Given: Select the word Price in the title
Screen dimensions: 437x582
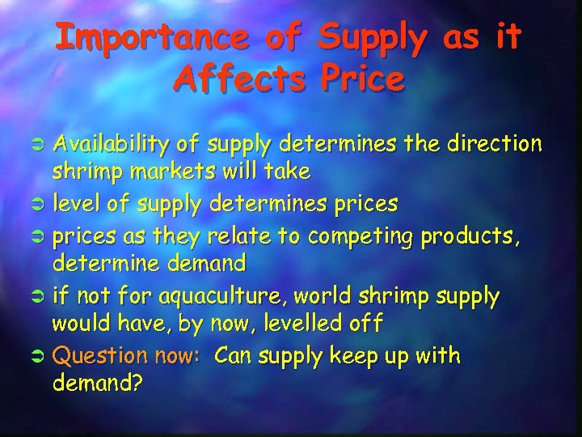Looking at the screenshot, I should pyautogui.click(x=361, y=78).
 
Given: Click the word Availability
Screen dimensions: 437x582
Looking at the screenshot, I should pyautogui.click(x=111, y=144).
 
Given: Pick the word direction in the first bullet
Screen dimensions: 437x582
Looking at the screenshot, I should pyautogui.click(x=494, y=144).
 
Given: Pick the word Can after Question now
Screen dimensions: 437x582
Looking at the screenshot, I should pyautogui.click(x=234, y=355).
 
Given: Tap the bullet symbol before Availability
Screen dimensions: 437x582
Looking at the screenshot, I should pyautogui.click(x=39, y=145).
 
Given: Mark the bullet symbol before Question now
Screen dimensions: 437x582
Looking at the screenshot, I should pyautogui.click(x=39, y=356).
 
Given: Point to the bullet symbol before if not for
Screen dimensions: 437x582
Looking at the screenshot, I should pyautogui.click(x=39, y=298).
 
